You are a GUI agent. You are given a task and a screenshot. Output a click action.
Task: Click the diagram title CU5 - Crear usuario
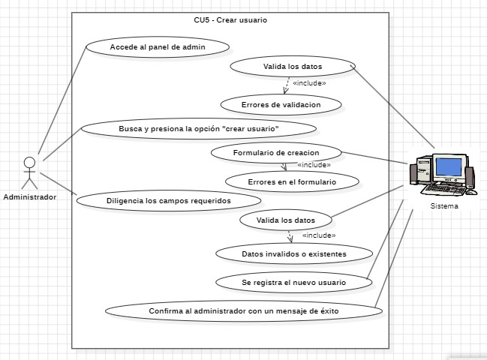(x=230, y=20)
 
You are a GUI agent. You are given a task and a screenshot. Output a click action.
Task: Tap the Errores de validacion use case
(x=281, y=105)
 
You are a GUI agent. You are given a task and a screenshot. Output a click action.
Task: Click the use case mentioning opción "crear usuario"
(x=199, y=129)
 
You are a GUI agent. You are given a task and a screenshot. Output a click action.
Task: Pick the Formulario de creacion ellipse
(x=276, y=153)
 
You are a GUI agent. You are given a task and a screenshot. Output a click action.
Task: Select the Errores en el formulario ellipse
(x=291, y=182)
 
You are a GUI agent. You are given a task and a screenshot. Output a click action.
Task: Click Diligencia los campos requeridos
(x=168, y=201)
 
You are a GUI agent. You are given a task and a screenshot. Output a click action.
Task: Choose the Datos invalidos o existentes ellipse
(x=293, y=253)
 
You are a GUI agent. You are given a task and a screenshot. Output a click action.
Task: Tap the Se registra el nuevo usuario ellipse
(x=293, y=282)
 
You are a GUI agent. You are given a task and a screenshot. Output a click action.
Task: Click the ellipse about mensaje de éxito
(x=244, y=310)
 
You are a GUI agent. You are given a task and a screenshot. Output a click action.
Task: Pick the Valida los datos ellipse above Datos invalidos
(x=286, y=220)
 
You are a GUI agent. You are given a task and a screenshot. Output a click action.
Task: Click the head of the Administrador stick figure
(x=29, y=161)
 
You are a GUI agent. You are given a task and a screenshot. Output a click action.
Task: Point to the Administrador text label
(x=29, y=197)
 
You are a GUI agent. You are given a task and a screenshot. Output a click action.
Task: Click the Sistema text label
(x=445, y=206)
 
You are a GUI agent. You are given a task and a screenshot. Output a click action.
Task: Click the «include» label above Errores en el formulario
(x=314, y=165)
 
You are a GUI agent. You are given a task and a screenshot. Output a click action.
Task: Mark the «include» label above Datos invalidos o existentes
(x=318, y=235)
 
